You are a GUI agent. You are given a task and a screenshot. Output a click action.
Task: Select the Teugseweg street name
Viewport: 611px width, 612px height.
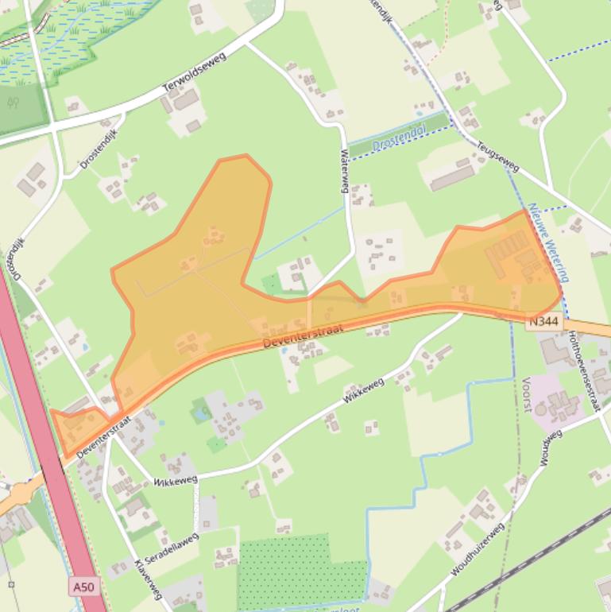497,157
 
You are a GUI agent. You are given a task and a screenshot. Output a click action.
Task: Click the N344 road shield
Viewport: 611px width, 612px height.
544,322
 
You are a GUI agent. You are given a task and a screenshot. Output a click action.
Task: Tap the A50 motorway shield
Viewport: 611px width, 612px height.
83,587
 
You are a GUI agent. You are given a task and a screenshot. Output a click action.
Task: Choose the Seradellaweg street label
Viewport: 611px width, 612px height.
171,548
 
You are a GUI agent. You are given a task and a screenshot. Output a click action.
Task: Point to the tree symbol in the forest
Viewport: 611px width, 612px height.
14,103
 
